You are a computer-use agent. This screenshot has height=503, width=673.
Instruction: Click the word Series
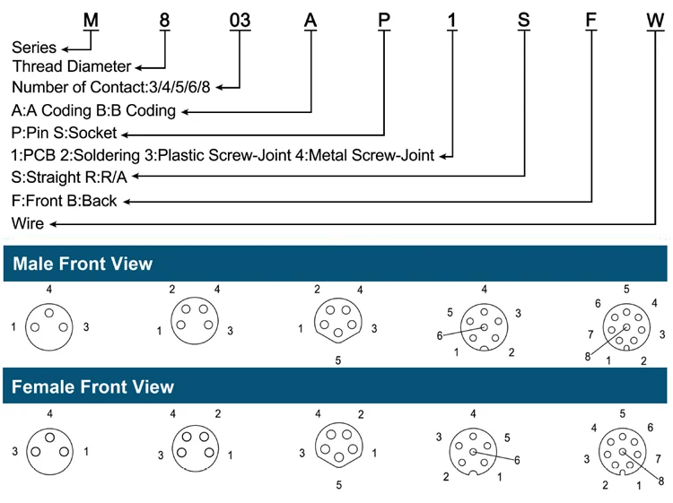[34, 48]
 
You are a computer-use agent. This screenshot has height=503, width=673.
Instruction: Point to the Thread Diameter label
[71, 67]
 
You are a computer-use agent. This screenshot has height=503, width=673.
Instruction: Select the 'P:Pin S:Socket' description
[65, 133]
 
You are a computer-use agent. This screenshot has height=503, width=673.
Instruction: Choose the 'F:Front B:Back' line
[65, 201]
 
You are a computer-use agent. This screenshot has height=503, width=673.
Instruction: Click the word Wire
[28, 223]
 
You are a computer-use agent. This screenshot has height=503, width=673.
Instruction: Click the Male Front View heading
[82, 264]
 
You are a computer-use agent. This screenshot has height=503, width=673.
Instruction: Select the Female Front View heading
[92, 387]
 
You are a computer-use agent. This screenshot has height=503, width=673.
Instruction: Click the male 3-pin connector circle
[49, 326]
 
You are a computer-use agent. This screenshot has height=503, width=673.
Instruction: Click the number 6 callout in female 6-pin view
[518, 459]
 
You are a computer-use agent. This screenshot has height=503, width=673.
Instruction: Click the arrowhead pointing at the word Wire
[54, 223]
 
